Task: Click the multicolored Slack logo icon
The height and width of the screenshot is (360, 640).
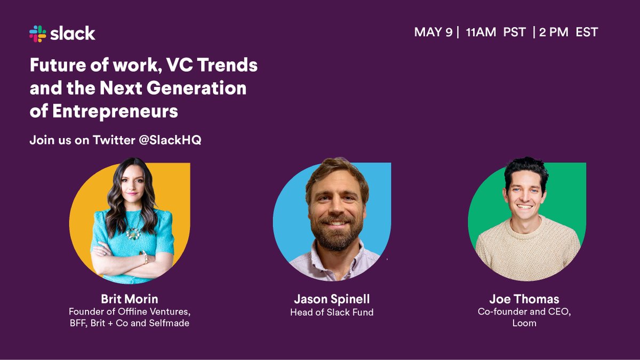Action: pyautogui.click(x=38, y=34)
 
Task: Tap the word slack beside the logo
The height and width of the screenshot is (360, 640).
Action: pyautogui.click(x=73, y=34)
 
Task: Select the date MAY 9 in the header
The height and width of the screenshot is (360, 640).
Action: pyautogui.click(x=433, y=32)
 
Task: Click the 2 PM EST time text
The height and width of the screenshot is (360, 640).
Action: pyautogui.click(x=569, y=32)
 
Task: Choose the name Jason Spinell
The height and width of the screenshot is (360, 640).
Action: pyautogui.click(x=332, y=299)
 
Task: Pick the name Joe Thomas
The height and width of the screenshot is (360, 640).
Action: pyautogui.click(x=524, y=299)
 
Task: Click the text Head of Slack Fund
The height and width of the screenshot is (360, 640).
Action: pyautogui.click(x=332, y=312)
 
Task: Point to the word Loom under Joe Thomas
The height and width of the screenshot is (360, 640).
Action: pyautogui.click(x=524, y=323)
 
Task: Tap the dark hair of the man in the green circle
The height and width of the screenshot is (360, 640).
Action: pyautogui.click(x=525, y=170)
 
